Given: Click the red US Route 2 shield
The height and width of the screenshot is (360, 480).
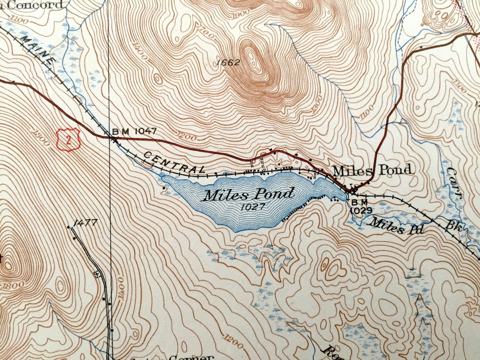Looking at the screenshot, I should point(68,140).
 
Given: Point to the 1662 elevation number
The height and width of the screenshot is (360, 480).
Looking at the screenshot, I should point(228,63).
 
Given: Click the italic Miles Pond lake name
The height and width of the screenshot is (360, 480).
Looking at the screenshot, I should point(248,195).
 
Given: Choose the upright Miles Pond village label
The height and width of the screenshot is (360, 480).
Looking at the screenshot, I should point(371,171).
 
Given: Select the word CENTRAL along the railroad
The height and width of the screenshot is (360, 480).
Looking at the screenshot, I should point(174,163).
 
